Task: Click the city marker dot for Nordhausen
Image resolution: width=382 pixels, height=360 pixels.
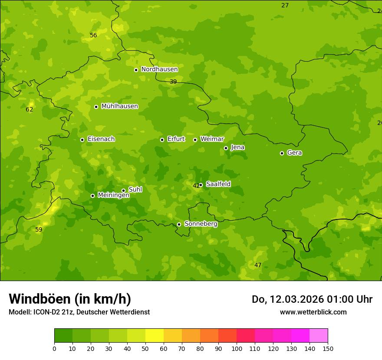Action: click(136, 70)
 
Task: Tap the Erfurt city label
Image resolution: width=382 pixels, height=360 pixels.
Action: click(176, 139)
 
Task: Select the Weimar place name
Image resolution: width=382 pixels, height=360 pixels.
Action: click(212, 139)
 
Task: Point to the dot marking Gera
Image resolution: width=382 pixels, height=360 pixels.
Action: click(282, 153)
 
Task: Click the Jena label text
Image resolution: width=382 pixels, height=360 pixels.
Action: click(237, 147)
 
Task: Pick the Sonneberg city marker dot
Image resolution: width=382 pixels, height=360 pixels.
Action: click(179, 224)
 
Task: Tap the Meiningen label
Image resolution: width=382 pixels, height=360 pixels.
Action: click(113, 195)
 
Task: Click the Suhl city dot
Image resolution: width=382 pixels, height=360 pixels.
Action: click(123, 190)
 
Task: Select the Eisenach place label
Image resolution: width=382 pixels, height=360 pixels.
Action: click(101, 139)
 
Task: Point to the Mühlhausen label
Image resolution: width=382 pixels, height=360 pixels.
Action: click(119, 106)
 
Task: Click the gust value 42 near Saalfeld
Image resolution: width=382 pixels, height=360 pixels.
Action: click(196, 186)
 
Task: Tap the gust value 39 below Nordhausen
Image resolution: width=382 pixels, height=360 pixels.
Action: click(173, 82)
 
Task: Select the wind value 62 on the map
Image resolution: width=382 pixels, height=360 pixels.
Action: click(29, 110)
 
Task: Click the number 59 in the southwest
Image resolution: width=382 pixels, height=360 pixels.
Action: click(39, 230)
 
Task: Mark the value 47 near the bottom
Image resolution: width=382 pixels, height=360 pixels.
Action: click(258, 265)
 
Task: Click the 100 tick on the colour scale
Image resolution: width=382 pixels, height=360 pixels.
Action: click(237, 348)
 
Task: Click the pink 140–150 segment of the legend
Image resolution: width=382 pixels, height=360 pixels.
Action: click(319, 336)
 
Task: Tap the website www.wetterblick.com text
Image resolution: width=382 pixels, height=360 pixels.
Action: click(313, 312)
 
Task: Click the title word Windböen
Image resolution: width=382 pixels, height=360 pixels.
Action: click(39, 299)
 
